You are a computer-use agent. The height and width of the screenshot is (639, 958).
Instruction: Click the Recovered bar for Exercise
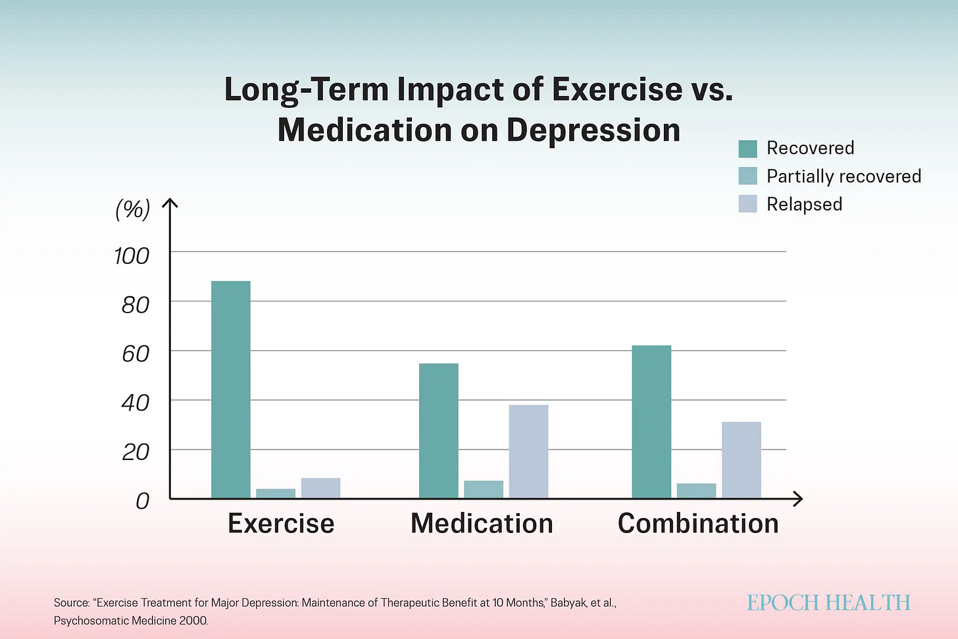tap(230, 390)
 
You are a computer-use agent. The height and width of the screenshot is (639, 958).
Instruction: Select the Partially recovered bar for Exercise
tap(276, 493)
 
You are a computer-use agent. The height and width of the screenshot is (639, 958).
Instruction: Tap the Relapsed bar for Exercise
tap(320, 488)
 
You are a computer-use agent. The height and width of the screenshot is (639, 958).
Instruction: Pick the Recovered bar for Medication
tap(438, 430)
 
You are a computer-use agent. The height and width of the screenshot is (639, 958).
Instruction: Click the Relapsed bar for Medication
tap(528, 451)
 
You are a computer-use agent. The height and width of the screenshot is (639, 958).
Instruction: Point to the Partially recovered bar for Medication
tap(484, 489)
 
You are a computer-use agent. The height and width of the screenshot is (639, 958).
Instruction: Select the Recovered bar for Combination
tap(651, 422)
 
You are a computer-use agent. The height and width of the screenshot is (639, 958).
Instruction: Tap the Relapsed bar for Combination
tap(742, 459)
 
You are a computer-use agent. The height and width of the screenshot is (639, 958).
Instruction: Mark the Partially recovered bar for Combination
tap(696, 490)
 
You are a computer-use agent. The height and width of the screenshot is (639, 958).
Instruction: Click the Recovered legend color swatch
tap(747, 149)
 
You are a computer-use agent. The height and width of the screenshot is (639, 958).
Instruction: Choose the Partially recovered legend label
tap(844, 176)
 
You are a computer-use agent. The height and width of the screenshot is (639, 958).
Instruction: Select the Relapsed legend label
tap(804, 205)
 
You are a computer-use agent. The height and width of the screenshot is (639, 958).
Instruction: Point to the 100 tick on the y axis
tap(132, 255)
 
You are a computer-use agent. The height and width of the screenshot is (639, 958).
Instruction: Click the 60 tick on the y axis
tap(136, 353)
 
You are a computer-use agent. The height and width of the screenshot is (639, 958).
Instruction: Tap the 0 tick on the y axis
tap(142, 501)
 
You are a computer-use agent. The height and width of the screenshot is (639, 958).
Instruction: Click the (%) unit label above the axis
tap(132, 209)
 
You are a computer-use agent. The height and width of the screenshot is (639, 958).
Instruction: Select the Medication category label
tap(482, 524)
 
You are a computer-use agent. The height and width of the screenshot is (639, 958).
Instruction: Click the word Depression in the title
tap(593, 130)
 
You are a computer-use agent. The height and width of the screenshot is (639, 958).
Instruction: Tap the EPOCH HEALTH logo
tap(828, 603)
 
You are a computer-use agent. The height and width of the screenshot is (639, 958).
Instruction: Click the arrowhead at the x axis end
tap(798, 499)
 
